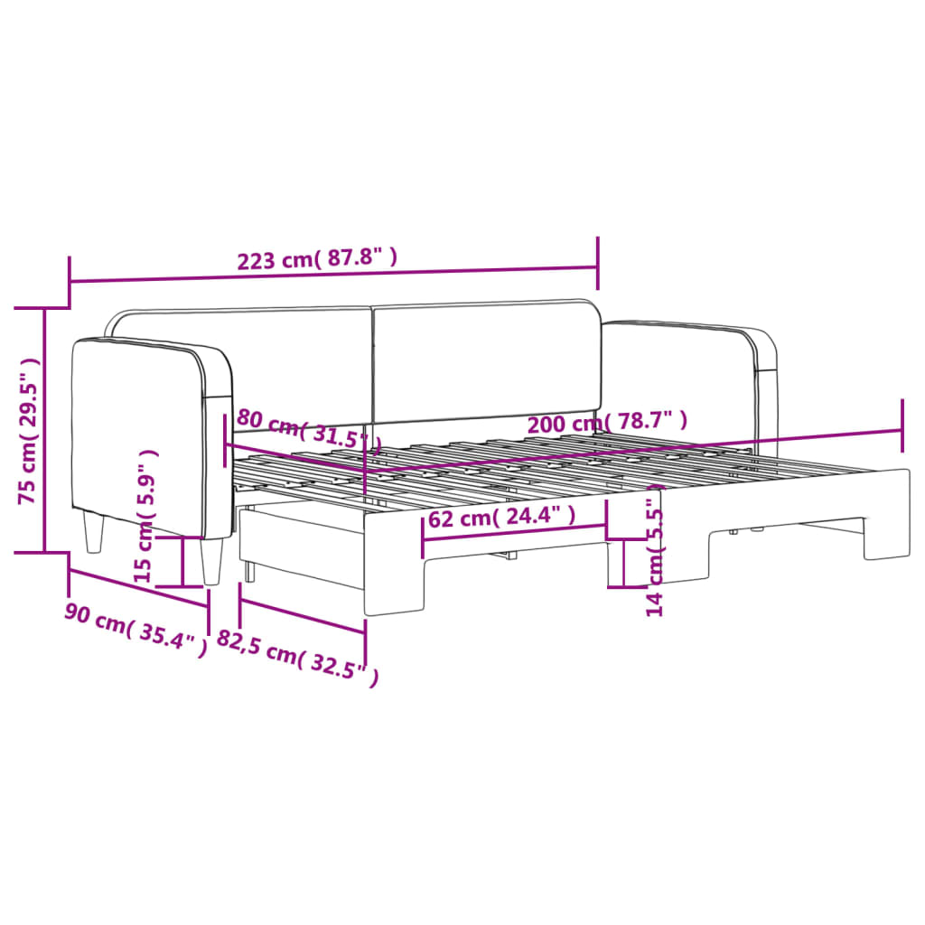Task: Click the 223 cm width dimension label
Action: (317, 260)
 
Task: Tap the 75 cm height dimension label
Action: (29, 431)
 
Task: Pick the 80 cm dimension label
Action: (304, 428)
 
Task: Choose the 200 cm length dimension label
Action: (606, 421)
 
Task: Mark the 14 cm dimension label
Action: (655, 559)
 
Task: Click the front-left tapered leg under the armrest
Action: (94, 532)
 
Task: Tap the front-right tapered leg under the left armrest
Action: (211, 562)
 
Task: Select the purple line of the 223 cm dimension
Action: (334, 275)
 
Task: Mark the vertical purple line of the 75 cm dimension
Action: (44, 431)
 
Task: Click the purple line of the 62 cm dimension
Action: (515, 534)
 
